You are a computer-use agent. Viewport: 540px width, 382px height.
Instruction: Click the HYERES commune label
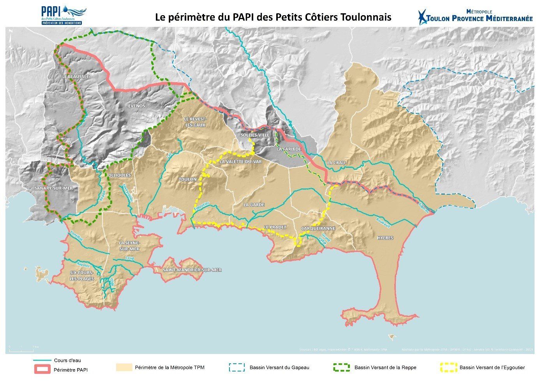(385, 238)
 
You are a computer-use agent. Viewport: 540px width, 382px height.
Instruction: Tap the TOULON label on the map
(187, 180)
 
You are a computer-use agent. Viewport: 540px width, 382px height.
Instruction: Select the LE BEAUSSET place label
(76, 77)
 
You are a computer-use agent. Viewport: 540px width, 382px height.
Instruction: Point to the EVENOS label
(136, 106)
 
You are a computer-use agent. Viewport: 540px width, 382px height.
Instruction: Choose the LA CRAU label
(336, 162)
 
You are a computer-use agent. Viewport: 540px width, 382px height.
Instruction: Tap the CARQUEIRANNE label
(318, 228)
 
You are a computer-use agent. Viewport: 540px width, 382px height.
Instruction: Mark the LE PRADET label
(275, 227)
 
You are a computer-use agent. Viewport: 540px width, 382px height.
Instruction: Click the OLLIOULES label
(120, 175)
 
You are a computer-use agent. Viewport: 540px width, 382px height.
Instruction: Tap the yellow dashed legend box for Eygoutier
(448, 367)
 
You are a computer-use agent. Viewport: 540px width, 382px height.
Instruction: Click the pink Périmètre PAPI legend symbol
(41, 369)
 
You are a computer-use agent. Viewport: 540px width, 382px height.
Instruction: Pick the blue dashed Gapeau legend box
(236, 367)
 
